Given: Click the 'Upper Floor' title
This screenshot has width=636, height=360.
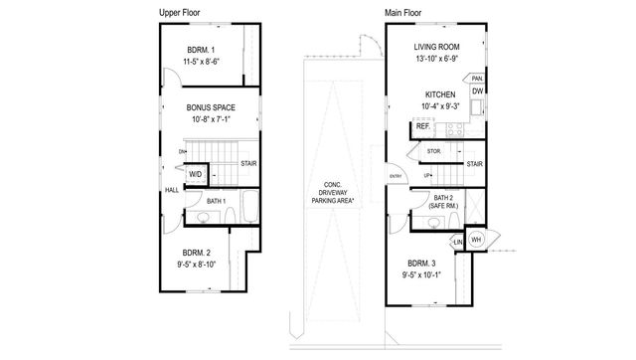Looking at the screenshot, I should point(183,12).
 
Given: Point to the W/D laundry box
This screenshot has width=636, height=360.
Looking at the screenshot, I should point(196,175).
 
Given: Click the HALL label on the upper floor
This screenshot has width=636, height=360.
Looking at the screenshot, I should point(172,189).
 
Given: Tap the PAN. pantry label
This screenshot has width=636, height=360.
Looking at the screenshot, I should point(478,78).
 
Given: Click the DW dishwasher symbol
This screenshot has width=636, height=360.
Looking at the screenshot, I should point(478,92).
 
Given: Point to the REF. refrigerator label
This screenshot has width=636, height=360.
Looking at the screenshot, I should point(422,127).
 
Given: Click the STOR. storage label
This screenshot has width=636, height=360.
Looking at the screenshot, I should point(433,151).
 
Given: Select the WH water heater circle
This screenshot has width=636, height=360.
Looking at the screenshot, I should point(475,241).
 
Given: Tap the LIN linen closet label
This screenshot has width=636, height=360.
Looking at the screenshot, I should point(457,243).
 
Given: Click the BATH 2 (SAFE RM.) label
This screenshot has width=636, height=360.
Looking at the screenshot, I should point(444,202).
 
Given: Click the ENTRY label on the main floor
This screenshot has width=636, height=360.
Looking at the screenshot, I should point(396,176).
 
